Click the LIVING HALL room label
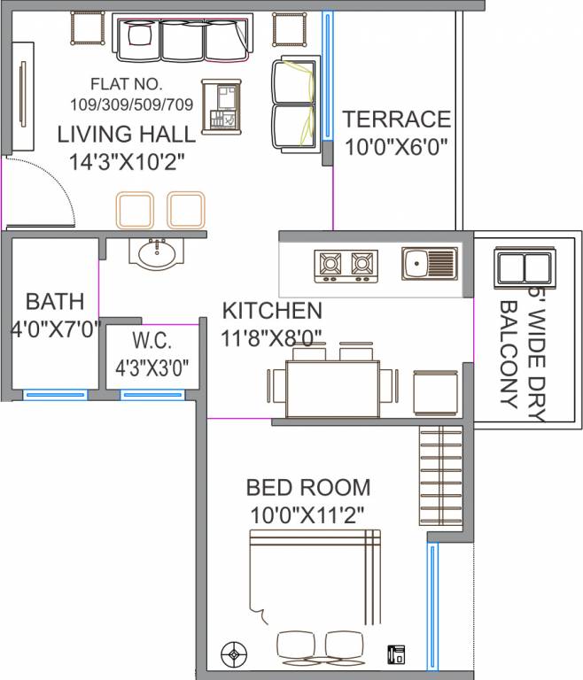click(127, 135)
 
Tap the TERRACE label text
click(397, 119)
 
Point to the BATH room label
click(55, 299)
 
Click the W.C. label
click(152, 341)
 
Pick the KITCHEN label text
click(271, 311)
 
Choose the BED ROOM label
click(307, 487)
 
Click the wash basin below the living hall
click(159, 251)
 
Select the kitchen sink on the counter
click(429, 264)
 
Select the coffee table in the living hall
click(222, 106)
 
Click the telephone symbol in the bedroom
click(396, 655)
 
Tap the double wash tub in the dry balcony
click(523, 268)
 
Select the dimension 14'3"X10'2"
click(127, 162)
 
